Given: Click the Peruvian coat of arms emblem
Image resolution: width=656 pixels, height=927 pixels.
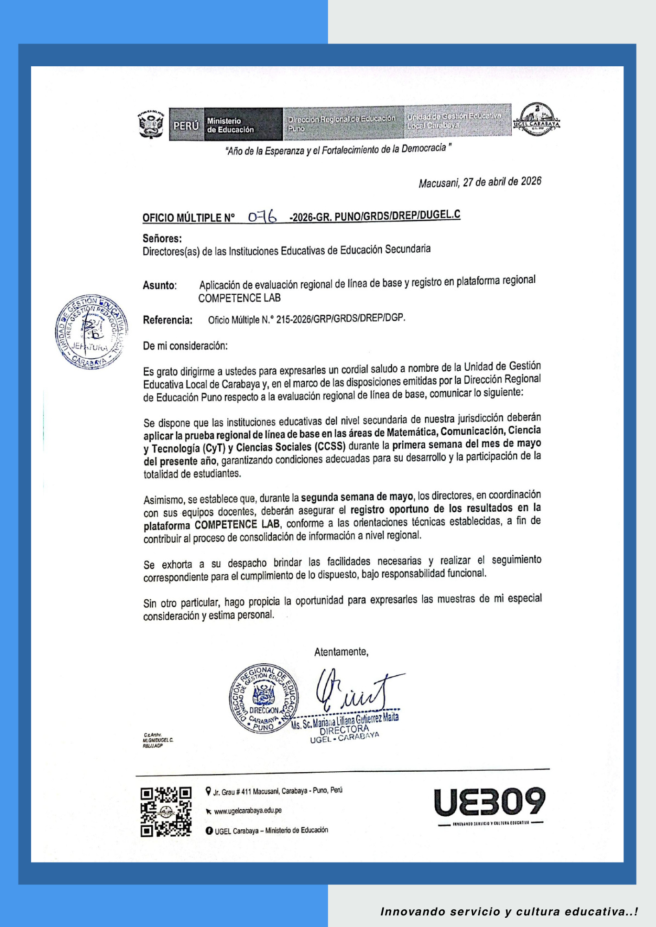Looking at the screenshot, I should point(151,124).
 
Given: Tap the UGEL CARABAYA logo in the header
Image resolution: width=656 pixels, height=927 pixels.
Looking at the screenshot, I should point(537,120).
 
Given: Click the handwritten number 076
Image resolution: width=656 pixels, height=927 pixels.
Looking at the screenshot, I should point(262,216).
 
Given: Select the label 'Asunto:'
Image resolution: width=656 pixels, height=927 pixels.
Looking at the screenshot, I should point(160,286).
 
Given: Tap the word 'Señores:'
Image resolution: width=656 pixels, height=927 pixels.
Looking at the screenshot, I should point(162,239).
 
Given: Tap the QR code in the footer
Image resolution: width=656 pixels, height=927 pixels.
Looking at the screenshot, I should point(166,812).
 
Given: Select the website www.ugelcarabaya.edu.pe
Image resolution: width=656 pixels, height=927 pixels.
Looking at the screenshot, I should point(248,811).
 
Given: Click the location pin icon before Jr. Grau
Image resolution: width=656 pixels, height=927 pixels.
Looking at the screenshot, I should point(208,791).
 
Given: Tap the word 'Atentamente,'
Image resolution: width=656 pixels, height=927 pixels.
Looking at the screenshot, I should point(341,652).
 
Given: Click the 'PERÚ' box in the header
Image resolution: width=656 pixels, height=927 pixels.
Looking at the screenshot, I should point(186,126).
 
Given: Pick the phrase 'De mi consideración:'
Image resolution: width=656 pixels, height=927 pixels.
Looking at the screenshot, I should point(185,346).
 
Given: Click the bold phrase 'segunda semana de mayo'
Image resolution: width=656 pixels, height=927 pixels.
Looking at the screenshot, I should point(357,497).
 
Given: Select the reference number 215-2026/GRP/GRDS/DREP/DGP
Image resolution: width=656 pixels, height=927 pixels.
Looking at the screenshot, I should point(341,319).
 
